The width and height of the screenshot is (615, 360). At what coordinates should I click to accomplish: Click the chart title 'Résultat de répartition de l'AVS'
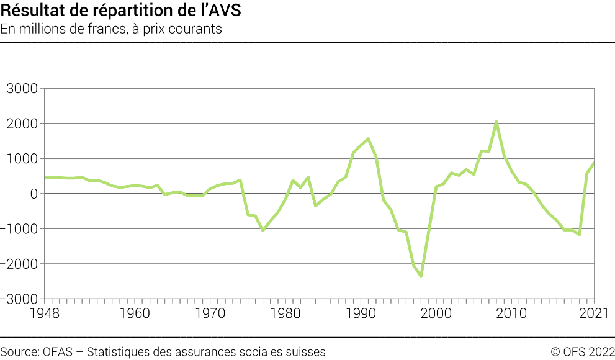coord(121,11)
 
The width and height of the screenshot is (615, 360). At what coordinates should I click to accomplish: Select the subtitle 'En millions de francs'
coord(111,29)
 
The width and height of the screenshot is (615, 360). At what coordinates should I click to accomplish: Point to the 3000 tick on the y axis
coord(22,89)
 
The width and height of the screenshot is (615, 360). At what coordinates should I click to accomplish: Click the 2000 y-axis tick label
coord(22,124)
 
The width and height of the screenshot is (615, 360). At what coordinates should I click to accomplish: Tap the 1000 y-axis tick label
coord(22,159)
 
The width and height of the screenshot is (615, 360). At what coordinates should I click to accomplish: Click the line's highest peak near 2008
coord(496,122)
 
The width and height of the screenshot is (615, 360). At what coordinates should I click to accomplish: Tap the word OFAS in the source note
coord(58,352)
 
